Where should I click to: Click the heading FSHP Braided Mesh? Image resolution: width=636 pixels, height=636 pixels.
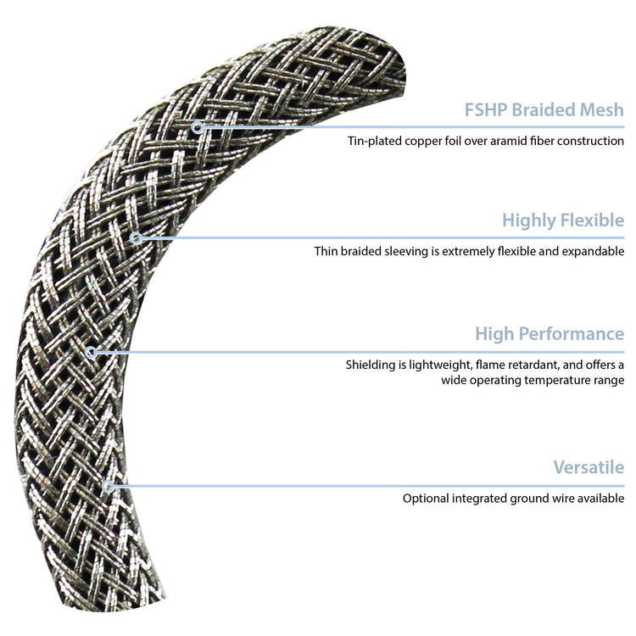pyautogui.click(x=544, y=110)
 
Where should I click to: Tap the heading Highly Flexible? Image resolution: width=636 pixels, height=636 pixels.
pyautogui.click(x=562, y=221)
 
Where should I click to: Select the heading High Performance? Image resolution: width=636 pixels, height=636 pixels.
pyautogui.click(x=549, y=333)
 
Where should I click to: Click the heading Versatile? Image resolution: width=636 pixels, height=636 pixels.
pyautogui.click(x=589, y=467)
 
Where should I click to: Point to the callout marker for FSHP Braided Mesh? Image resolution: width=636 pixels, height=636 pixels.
pyautogui.click(x=197, y=127)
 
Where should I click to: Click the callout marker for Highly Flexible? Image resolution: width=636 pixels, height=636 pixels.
pyautogui.click(x=136, y=238)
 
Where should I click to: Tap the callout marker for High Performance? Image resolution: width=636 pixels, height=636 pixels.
pyautogui.click(x=92, y=351)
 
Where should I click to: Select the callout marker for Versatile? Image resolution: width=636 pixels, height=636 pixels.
pyautogui.click(x=108, y=486)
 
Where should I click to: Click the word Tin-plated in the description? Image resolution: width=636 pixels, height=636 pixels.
pyautogui.click(x=374, y=141)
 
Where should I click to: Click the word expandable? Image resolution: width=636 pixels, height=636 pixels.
pyautogui.click(x=591, y=252)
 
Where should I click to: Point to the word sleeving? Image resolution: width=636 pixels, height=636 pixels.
pyautogui.click(x=407, y=252)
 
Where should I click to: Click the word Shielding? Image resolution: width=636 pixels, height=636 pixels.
pyautogui.click(x=372, y=365)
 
